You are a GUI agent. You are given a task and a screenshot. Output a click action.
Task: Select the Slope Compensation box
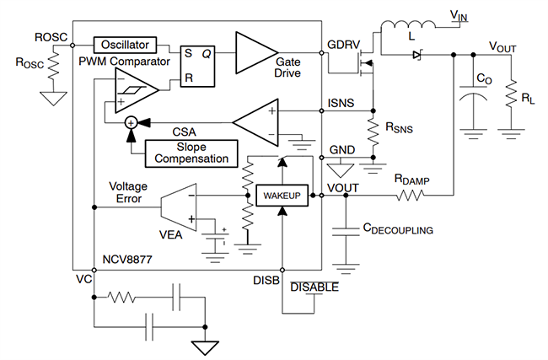tap(191, 153)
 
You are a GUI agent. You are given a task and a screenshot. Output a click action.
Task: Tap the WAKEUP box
tap(277, 195)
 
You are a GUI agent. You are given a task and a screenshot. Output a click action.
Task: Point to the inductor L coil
tap(402, 30)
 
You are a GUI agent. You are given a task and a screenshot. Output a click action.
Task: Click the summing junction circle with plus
tap(132, 122)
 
